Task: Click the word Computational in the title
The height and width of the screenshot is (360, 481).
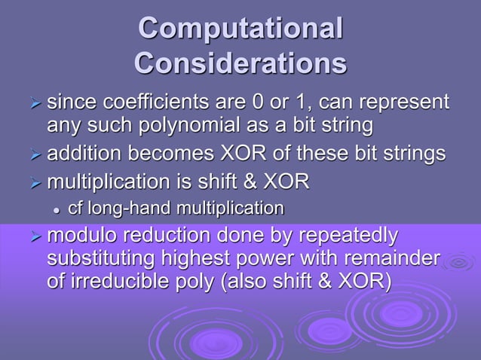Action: (x=240, y=28)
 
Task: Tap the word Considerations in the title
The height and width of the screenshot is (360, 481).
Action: (x=240, y=63)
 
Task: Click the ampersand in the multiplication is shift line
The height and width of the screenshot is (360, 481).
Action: (x=253, y=182)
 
